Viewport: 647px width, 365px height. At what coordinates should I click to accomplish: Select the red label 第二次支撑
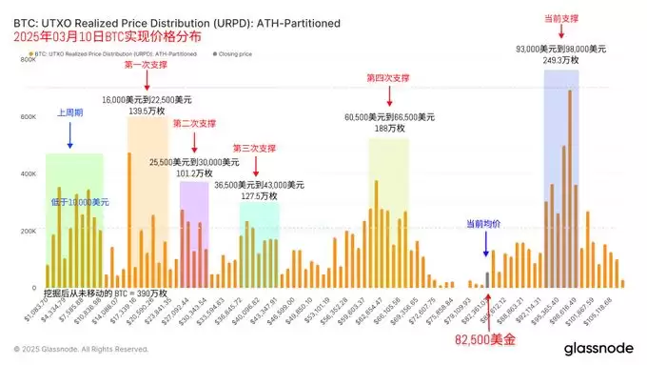point(194,123)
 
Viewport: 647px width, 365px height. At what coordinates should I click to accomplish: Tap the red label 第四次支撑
point(388,77)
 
